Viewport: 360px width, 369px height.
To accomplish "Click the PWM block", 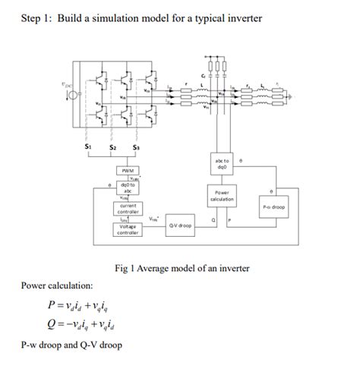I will (128, 171).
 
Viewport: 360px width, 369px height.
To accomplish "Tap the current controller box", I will (127, 208).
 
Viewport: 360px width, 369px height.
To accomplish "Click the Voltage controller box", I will (127, 229).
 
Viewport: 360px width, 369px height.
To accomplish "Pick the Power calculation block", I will (222, 196).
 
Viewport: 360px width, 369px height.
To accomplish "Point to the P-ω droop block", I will (273, 206).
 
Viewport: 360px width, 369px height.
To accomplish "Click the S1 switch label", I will (88, 146).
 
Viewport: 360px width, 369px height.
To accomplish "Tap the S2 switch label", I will (112, 147).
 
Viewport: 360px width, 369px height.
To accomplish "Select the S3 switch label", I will (136, 147).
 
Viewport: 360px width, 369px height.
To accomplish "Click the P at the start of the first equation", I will (50, 306).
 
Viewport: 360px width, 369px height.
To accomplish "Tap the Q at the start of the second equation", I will (50, 325).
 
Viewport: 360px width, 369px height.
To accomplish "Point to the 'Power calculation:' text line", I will (57, 285).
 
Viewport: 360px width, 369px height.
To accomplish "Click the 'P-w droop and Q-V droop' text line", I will (71, 345).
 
